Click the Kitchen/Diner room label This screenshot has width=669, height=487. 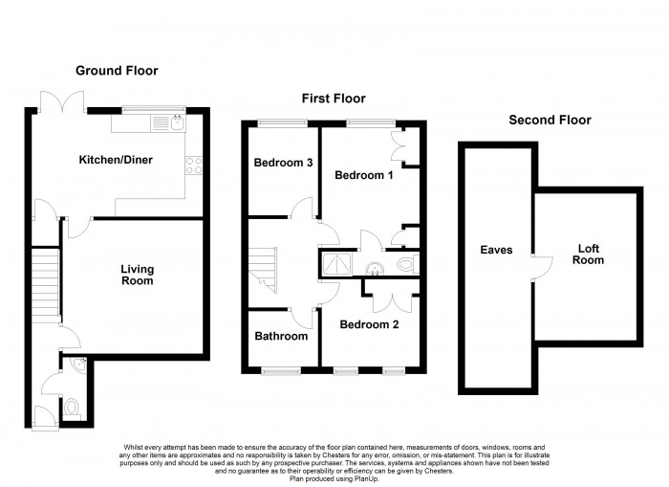[x=116, y=160]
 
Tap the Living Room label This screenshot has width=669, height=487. [x=137, y=275]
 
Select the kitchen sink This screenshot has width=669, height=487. [x=177, y=123]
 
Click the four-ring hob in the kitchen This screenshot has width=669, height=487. [x=194, y=166]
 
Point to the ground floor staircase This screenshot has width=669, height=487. [x=45, y=285]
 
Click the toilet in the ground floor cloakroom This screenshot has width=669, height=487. [x=72, y=409]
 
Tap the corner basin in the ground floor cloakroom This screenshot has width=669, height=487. [x=79, y=365]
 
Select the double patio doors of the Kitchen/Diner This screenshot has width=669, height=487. [x=62, y=101]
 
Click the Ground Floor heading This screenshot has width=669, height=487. [x=117, y=71]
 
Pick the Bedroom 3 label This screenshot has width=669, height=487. [x=283, y=163]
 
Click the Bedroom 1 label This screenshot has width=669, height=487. [x=364, y=175]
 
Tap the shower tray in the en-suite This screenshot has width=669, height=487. [x=337, y=264]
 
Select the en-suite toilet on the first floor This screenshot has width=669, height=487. [x=407, y=263]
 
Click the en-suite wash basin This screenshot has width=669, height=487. [x=375, y=269]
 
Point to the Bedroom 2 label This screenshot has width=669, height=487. [x=369, y=324]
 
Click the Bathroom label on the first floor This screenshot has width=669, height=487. [x=281, y=336]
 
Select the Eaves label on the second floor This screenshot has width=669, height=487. [x=496, y=250]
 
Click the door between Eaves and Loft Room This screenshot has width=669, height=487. [x=542, y=268]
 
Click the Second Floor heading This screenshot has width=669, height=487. [x=550, y=120]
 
